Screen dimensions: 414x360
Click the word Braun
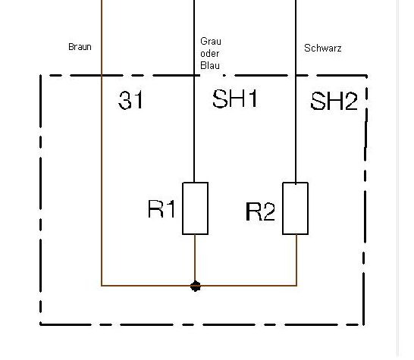tap(80, 47)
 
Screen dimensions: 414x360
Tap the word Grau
tap(211, 41)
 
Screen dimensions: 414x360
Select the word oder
tap(210, 54)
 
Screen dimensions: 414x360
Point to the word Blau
tap(210, 65)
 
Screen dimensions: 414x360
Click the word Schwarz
tap(323, 48)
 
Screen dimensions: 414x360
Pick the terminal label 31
tap(130, 100)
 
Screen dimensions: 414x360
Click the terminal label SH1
tap(235, 99)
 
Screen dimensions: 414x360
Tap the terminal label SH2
tap(334, 101)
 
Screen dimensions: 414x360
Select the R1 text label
tap(162, 208)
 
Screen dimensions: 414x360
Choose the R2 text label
tap(260, 211)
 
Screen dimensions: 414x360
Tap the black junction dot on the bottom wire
tap(196, 286)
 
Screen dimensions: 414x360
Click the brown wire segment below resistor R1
tap(195, 258)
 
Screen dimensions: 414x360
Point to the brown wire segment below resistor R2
tap(296, 260)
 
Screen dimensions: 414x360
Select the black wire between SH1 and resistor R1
tap(194, 129)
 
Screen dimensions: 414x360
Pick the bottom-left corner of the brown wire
tap(102, 286)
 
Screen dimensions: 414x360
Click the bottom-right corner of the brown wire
tap(296, 286)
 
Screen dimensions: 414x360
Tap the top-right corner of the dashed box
tap(366, 76)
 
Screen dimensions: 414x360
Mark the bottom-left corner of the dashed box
tap(40, 324)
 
